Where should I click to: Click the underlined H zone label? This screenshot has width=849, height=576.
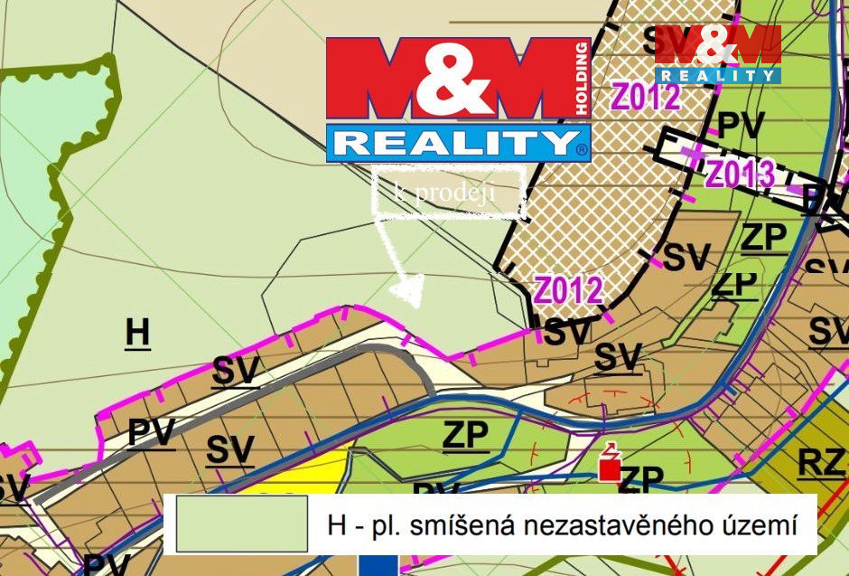click(x=137, y=333)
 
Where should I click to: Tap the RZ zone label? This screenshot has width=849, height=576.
click(x=820, y=463)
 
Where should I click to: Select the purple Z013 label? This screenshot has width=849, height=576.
click(x=740, y=173)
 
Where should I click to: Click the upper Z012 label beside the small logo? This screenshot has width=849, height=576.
click(x=646, y=96)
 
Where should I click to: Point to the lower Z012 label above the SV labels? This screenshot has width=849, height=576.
click(x=568, y=290)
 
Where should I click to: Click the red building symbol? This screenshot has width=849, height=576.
click(x=611, y=465)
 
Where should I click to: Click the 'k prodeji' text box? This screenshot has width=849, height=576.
click(x=448, y=192)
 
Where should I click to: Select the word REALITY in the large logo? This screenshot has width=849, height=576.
click(x=452, y=144)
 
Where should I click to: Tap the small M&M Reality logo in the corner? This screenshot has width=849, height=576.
click(x=718, y=54)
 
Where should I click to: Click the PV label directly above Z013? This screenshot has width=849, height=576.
click(x=740, y=125)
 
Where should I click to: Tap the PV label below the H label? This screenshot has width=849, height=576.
click(x=150, y=432)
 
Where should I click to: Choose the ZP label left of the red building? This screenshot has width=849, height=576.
click(x=465, y=436)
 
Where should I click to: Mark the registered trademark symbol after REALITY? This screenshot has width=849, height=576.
click(x=583, y=146)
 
